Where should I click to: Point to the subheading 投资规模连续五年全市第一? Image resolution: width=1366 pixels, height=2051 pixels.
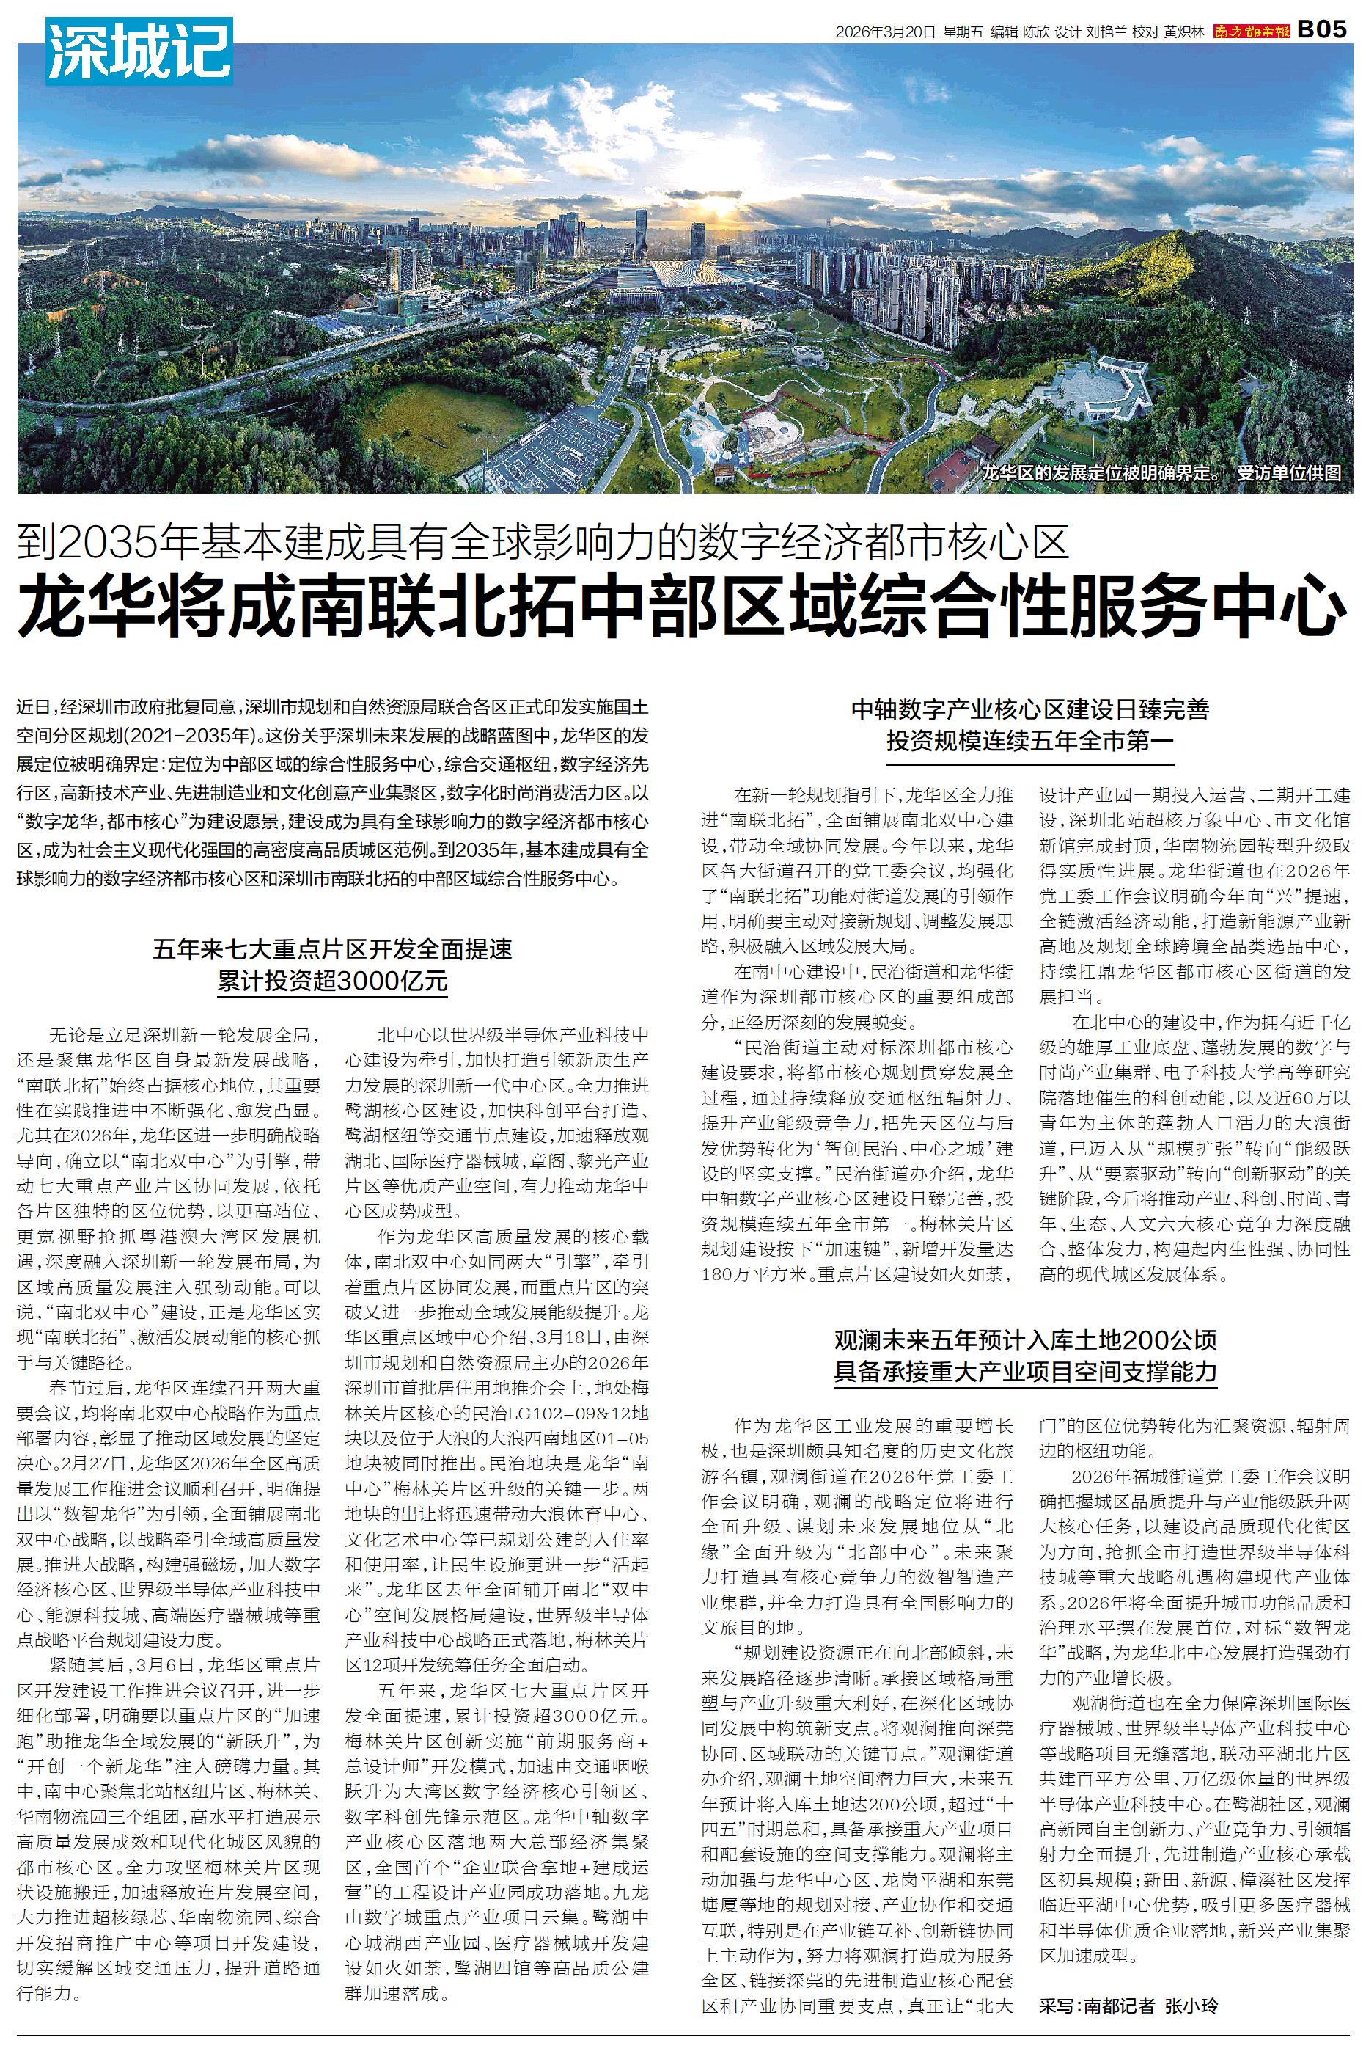1032,742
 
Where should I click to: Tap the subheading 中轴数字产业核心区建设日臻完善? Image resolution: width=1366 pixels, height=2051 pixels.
1032,709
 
